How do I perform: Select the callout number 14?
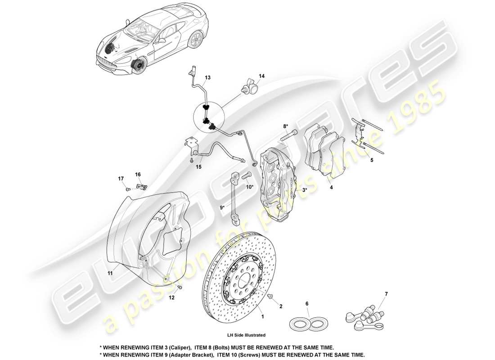click(x=261, y=76)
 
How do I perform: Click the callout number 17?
click(x=121, y=179)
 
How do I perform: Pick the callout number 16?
click(x=138, y=174)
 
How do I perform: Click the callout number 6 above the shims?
click(x=307, y=304)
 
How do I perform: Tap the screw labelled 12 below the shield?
click(x=180, y=287)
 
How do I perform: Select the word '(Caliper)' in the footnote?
click(x=172, y=348)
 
